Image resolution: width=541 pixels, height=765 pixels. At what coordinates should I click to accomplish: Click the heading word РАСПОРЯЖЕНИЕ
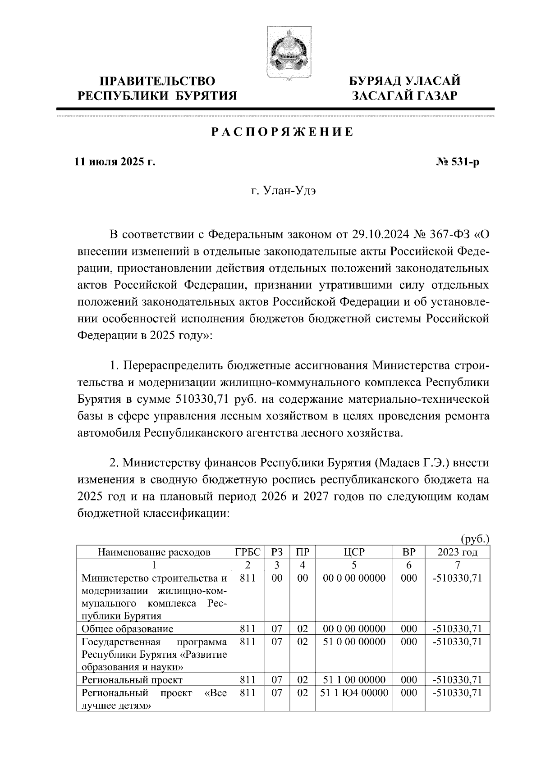(x=283, y=132)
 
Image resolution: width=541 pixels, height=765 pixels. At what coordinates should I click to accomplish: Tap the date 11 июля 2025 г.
(x=115, y=162)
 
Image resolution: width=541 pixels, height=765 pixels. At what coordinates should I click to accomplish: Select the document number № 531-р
(x=455, y=162)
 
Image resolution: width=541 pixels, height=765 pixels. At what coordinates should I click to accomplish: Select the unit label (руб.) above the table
(x=475, y=539)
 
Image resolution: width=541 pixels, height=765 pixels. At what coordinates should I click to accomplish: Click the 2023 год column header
(x=457, y=552)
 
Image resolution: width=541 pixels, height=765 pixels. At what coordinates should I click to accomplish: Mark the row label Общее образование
(x=127, y=629)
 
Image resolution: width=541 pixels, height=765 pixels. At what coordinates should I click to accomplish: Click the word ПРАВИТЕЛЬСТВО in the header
(x=157, y=82)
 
